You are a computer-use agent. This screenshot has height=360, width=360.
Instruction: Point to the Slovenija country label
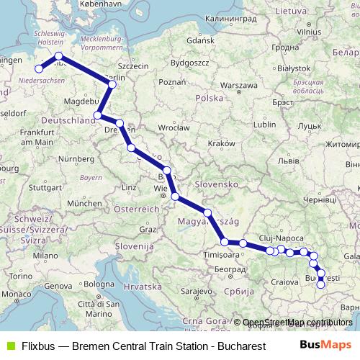click(x=130, y=246)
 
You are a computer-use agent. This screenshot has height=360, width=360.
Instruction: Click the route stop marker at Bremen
click(x=39, y=69)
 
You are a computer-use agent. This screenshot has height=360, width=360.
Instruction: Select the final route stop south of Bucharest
click(x=320, y=284)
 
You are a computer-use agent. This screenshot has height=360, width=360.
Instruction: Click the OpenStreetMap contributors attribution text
click(x=297, y=322)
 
